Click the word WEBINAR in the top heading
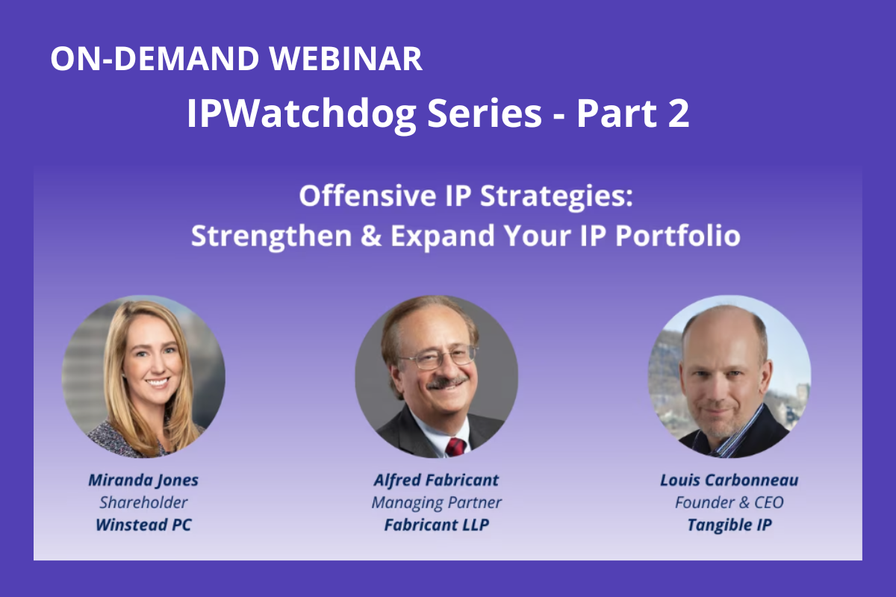tap(346, 58)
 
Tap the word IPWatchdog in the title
tap(302, 114)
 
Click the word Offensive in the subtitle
tap(367, 196)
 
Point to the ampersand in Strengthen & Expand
tap(371, 235)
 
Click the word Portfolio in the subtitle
tap(678, 235)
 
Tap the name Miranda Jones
tap(143, 481)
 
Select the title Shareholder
tap(143, 502)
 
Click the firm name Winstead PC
tap(143, 525)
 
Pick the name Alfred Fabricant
tap(436, 480)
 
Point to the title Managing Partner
tap(436, 503)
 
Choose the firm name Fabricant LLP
tap(436, 525)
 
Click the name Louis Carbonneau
tap(729, 480)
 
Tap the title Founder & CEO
tap(729, 502)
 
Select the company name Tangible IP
tap(729, 525)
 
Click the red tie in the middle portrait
tap(455, 447)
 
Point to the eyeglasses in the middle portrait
tap(439, 357)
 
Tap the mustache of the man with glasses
tap(447, 382)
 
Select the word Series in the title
tap(485, 114)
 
